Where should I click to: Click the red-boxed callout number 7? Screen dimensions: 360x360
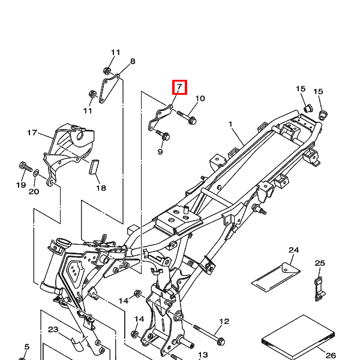pos(179,87)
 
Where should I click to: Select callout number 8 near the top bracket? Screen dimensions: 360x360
pos(133,61)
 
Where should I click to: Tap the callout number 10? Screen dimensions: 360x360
pos(200,98)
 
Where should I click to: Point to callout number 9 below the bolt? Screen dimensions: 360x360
pos(160,152)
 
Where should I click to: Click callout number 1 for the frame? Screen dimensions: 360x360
pos(230,124)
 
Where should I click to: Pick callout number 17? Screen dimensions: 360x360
pos(32,133)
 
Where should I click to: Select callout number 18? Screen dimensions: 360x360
pos(101,188)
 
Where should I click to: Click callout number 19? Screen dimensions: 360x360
pos(21,185)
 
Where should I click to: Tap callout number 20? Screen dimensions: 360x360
pos(34,191)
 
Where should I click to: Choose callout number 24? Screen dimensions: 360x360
pos(293,250)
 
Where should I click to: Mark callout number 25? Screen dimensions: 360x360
pos(320,263)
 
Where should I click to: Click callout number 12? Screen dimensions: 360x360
pos(224,322)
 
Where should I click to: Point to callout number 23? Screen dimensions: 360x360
pos(53,329)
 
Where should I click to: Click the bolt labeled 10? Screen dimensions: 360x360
pos(187,117)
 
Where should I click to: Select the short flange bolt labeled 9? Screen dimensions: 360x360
pos(163,136)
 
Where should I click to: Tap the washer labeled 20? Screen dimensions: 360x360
pos(36,172)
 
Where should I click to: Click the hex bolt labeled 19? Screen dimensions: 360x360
pos(25,167)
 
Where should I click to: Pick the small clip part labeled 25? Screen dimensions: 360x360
pos(320,290)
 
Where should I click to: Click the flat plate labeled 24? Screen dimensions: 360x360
pos(276,277)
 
